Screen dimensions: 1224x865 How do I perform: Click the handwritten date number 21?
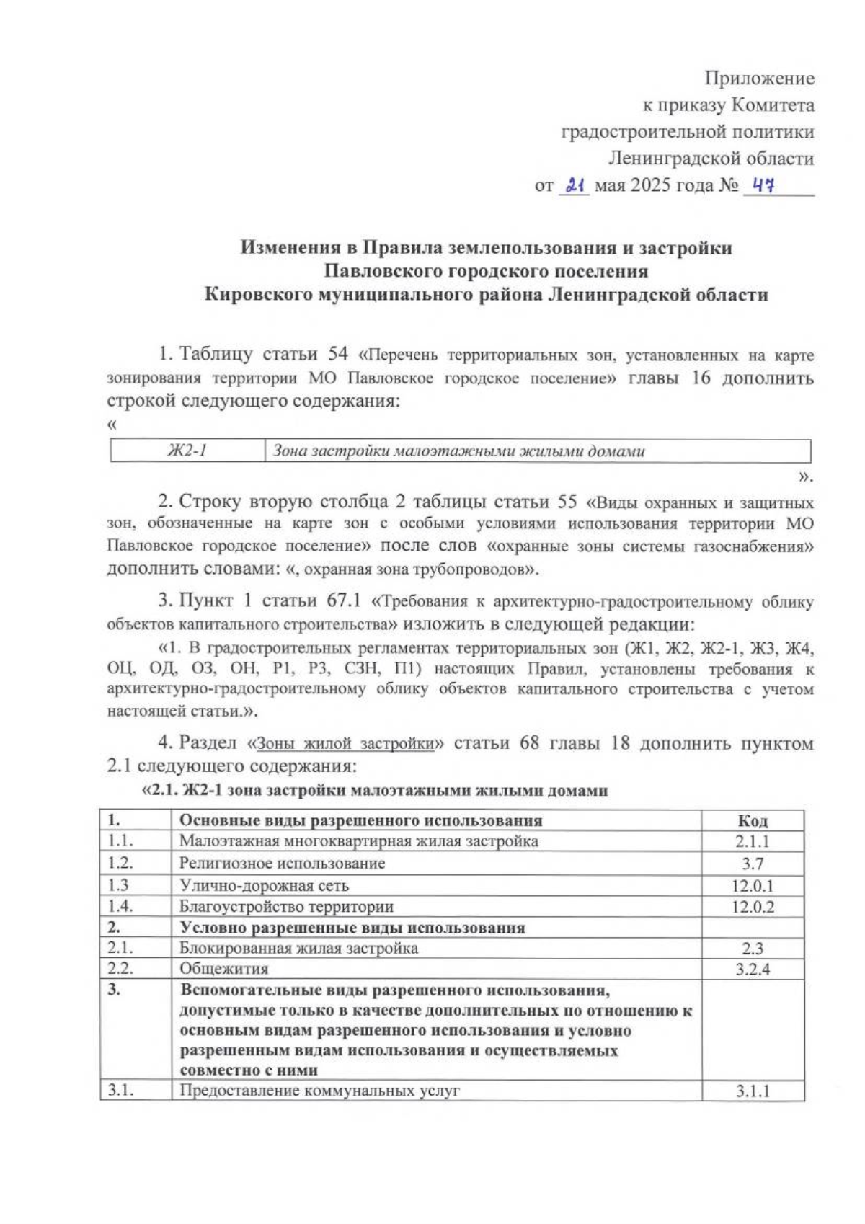[x=574, y=185]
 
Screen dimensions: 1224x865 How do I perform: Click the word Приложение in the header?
[x=759, y=78]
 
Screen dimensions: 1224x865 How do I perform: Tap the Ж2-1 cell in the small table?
[x=187, y=451]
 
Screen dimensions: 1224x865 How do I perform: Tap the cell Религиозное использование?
[x=282, y=863]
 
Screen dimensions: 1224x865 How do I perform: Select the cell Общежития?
[x=223, y=969]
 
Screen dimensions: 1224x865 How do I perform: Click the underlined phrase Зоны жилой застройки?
[x=345, y=743]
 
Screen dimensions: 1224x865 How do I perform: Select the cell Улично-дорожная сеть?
[x=264, y=885]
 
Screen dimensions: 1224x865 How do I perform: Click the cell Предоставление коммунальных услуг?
[x=319, y=1091]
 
